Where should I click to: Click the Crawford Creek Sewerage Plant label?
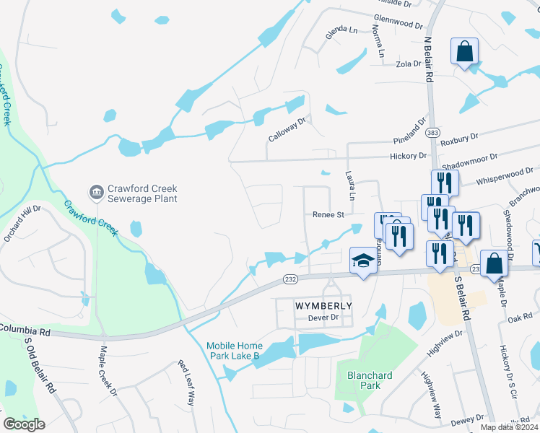[x=142, y=193]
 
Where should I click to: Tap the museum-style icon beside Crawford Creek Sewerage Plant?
[x=95, y=192]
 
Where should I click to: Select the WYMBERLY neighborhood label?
[x=323, y=306]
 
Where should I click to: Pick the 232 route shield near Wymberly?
[x=290, y=279]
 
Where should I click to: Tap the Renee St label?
[x=328, y=214]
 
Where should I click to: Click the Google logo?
[x=25, y=424]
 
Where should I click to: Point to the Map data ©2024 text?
[x=509, y=427]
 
